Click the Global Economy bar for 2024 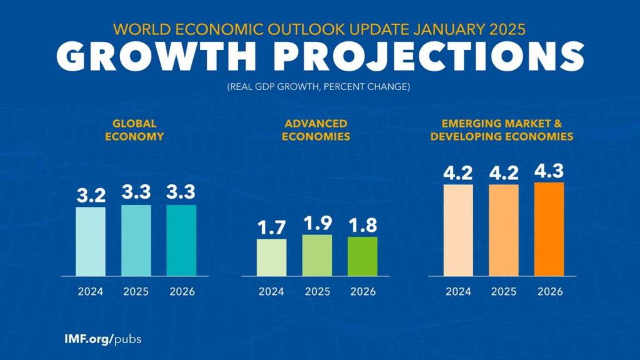pos(91,241)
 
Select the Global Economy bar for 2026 pos(181,240)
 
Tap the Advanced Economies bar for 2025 pos(317,255)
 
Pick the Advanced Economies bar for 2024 pos(271,257)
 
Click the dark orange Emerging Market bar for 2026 pos(549,229)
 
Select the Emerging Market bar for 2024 pos(459,230)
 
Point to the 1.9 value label pos(317,223)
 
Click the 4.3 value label pos(549,171)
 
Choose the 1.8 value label pos(362,225)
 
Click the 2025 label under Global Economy pos(136,291)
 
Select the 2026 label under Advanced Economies pos(362,291)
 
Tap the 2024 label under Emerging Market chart pos(459,291)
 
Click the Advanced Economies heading pos(316,130)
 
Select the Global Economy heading pos(134,130)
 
